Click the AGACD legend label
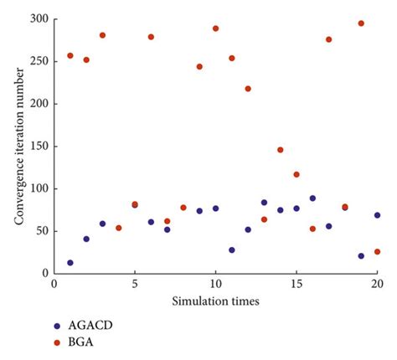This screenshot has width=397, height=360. coord(90,326)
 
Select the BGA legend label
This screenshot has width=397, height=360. coord(80,342)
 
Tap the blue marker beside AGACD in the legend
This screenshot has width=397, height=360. coord(57,326)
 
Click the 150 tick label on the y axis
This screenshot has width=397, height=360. coord(39,147)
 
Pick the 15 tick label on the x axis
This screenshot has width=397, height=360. coord(296,285)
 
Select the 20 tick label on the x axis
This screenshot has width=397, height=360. coord(377,285)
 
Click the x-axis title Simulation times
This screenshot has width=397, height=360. coord(215,301)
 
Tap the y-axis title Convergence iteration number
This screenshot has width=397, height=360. coord(19,147)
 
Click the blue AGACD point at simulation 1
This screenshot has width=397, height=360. coord(70,263)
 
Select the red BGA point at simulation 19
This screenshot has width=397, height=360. coord(361,23)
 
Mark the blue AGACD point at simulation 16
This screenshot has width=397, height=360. coord(312,198)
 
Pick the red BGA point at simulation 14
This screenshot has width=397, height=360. coord(281,150)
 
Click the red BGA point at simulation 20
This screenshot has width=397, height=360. coord(377,252)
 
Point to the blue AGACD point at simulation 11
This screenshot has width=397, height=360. coord(232,250)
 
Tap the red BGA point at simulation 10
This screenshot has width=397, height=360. coord(215,28)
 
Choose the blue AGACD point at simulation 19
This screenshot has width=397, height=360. coord(361,256)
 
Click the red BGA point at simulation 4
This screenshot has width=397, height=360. coord(119,228)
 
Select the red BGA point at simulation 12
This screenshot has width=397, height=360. coord(248,89)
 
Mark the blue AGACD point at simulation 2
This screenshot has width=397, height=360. coord(86,239)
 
